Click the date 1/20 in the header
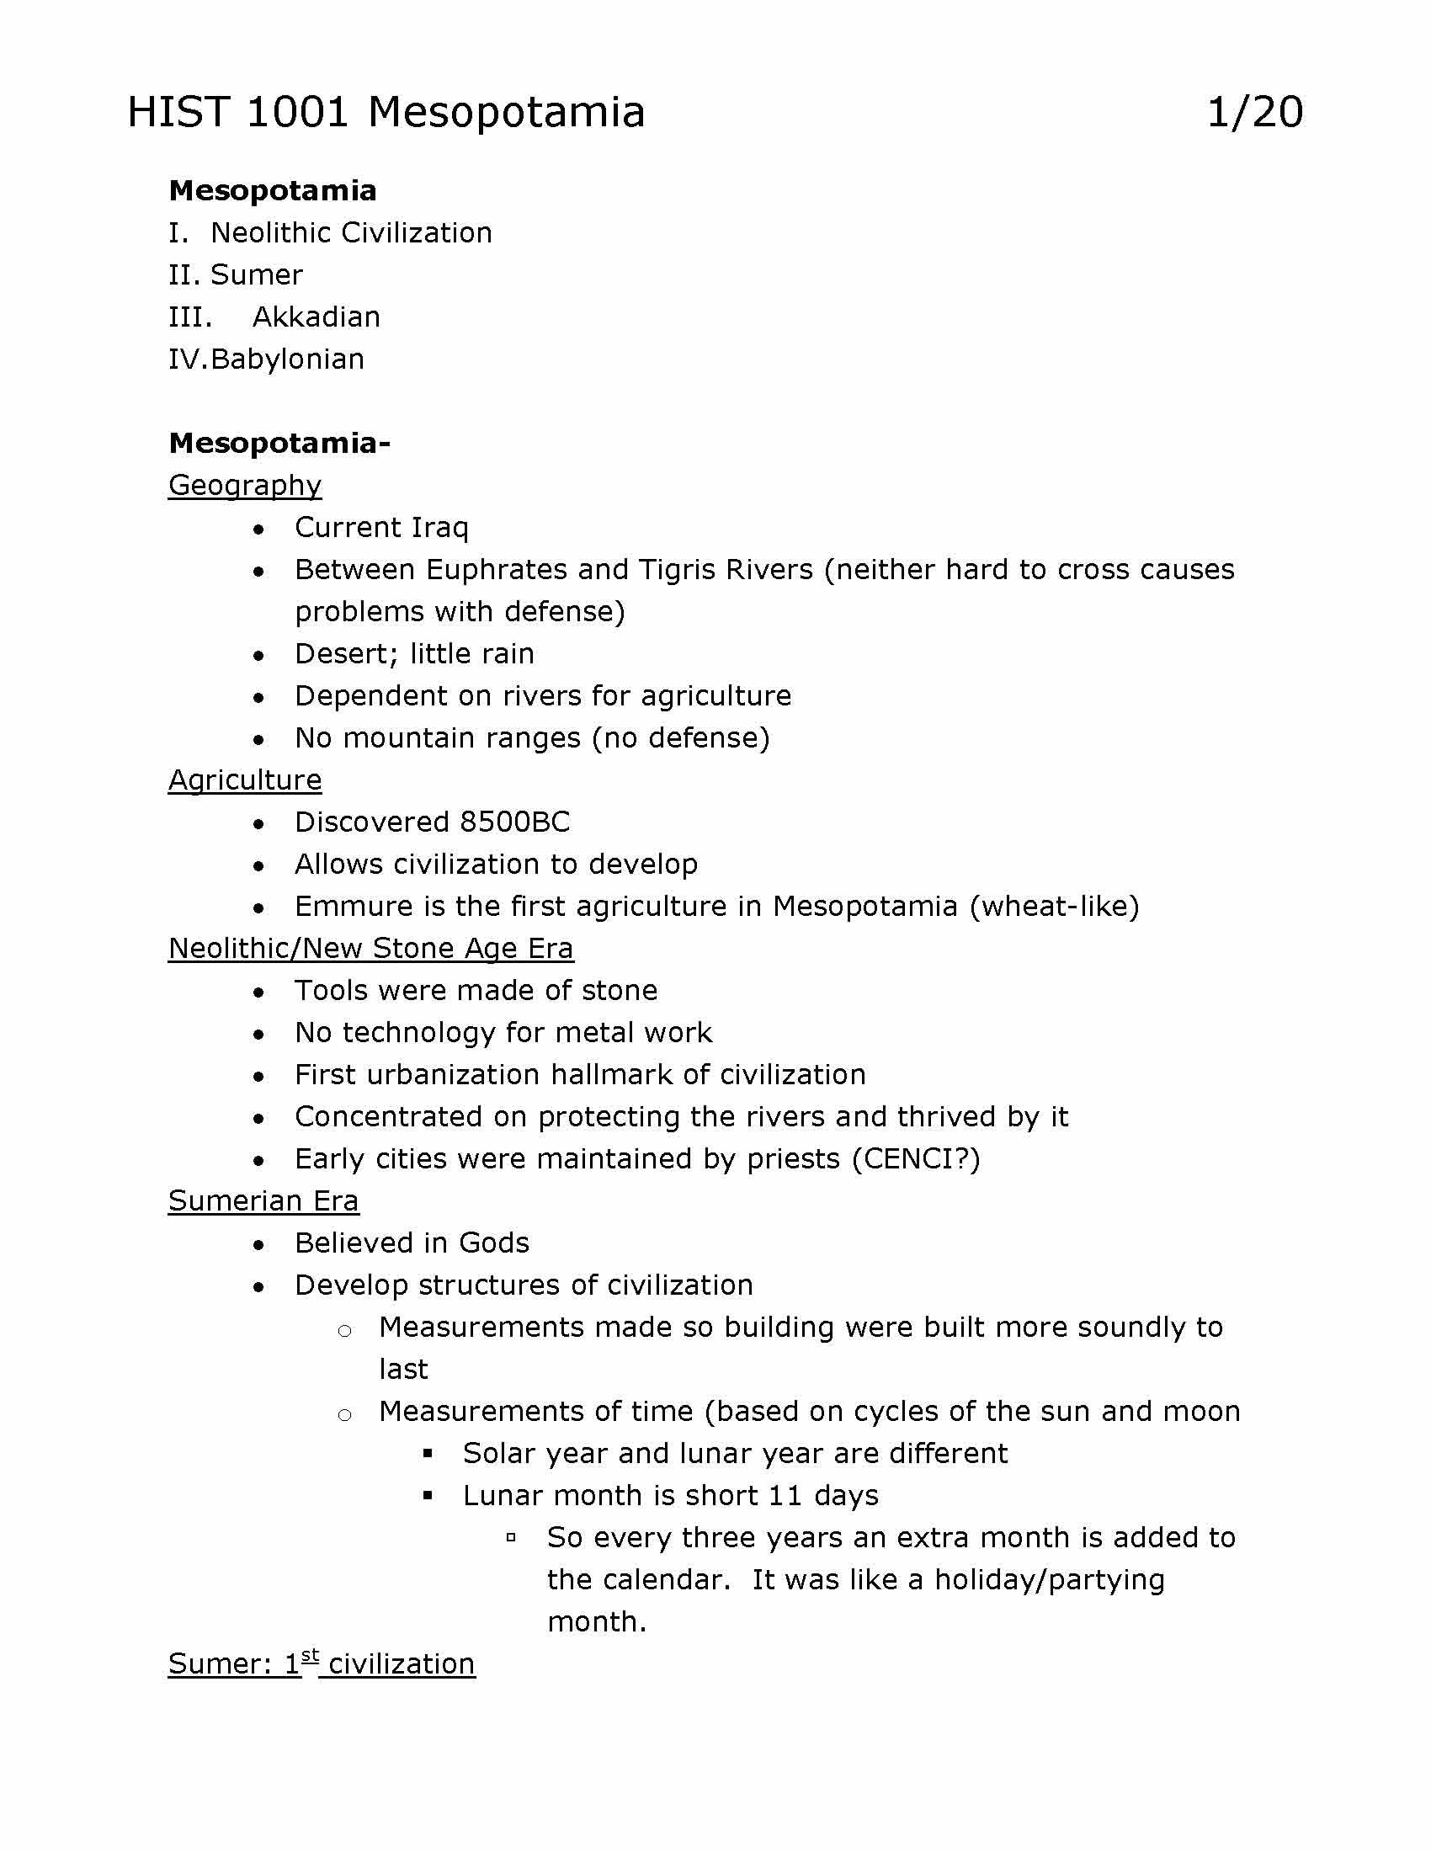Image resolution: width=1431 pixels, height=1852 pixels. point(1254,112)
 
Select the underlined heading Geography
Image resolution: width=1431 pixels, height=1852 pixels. point(244,485)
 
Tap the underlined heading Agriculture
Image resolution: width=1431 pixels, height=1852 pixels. point(244,780)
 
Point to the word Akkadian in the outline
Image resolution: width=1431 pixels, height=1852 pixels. point(317,317)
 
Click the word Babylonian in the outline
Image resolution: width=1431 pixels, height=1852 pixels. point(287,359)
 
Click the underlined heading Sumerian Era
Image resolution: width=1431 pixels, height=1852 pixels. point(263,1201)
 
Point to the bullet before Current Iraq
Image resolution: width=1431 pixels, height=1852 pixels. point(258,530)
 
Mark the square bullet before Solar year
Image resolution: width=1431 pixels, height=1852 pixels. point(428,1455)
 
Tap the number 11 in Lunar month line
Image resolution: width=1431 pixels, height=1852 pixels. point(785,1496)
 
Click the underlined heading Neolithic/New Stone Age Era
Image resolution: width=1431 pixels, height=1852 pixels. point(370,949)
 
